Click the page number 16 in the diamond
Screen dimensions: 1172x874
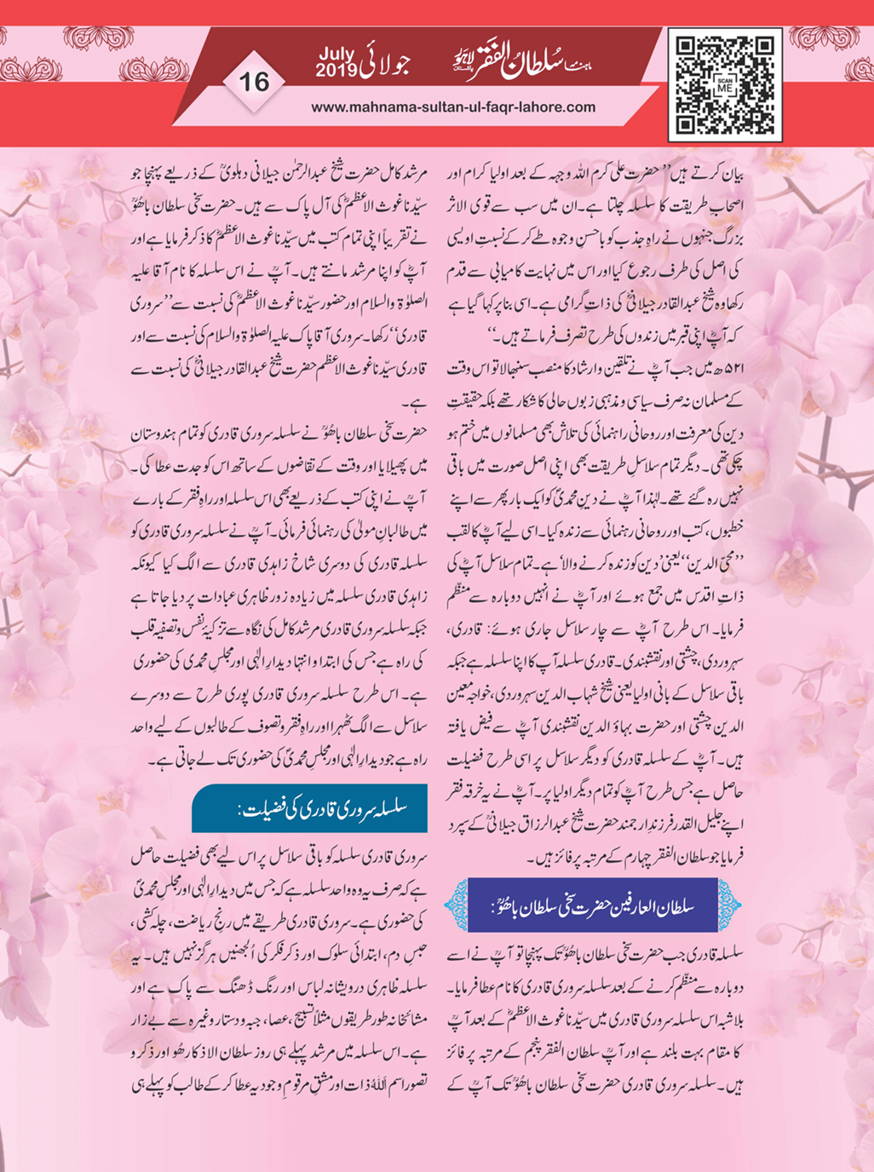(x=254, y=82)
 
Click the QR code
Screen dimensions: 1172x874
(x=724, y=85)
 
